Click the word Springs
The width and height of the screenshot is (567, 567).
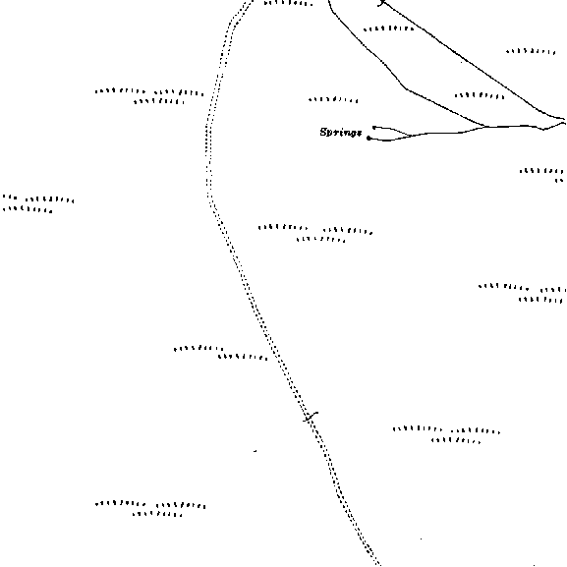(x=341, y=133)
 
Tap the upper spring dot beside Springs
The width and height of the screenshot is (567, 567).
(x=374, y=128)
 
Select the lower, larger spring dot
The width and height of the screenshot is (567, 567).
(x=369, y=138)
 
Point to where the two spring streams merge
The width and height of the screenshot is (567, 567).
(x=411, y=136)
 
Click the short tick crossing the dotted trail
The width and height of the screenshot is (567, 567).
(x=311, y=417)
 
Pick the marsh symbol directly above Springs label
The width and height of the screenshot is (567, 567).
(x=333, y=99)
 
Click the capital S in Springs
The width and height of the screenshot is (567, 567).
(x=324, y=132)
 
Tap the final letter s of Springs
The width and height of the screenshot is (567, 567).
(x=359, y=133)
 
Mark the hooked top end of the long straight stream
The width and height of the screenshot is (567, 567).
(x=382, y=3)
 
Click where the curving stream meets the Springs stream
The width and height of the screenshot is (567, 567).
(x=485, y=127)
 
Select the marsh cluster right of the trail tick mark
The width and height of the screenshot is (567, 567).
(x=446, y=435)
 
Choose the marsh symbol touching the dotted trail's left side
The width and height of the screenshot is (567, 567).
(x=221, y=353)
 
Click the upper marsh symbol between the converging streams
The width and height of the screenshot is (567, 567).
(x=389, y=28)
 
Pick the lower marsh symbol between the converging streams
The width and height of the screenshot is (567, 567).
(x=480, y=96)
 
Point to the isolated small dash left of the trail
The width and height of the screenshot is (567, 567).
(x=255, y=451)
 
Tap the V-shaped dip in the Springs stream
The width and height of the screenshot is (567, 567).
(x=543, y=129)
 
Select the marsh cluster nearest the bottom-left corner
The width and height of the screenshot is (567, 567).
(x=150, y=509)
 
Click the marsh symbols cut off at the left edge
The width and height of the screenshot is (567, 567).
(x=38, y=203)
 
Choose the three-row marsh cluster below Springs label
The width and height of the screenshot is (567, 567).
(x=315, y=233)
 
